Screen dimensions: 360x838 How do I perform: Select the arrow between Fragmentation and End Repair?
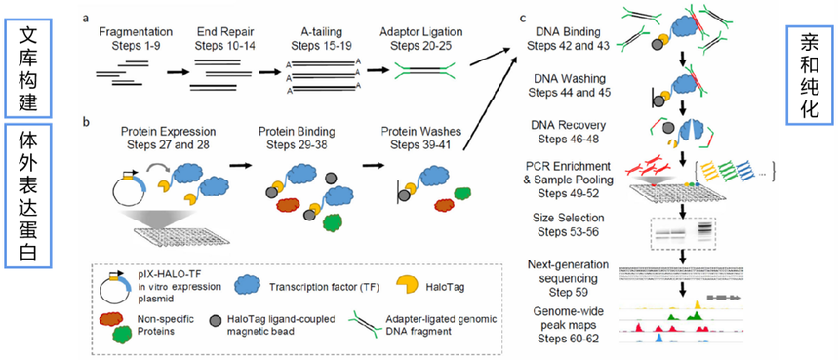(x=179, y=71)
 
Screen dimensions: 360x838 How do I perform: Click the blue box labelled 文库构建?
(x=26, y=63)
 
